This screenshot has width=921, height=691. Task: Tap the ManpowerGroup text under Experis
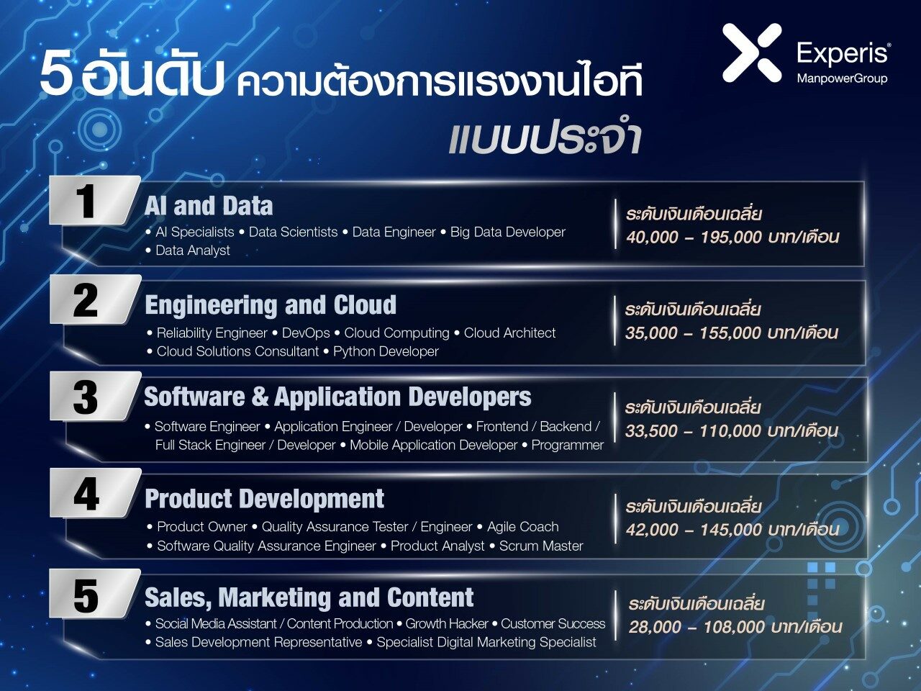pos(842,79)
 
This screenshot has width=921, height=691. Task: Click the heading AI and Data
pos(209,206)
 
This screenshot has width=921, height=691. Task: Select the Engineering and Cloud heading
pos(271,305)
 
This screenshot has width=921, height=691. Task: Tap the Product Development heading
pos(264,499)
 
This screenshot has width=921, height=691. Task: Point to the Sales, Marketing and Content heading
pos(309,597)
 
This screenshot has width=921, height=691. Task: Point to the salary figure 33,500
pos(651,431)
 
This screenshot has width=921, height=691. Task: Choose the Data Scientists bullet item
pos(293,232)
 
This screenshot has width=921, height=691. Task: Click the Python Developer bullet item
pos(386,351)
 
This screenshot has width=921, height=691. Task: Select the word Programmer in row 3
pos(567,445)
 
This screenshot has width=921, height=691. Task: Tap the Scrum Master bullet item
pos(541,546)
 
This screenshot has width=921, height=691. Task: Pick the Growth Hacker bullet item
pos(446,624)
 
